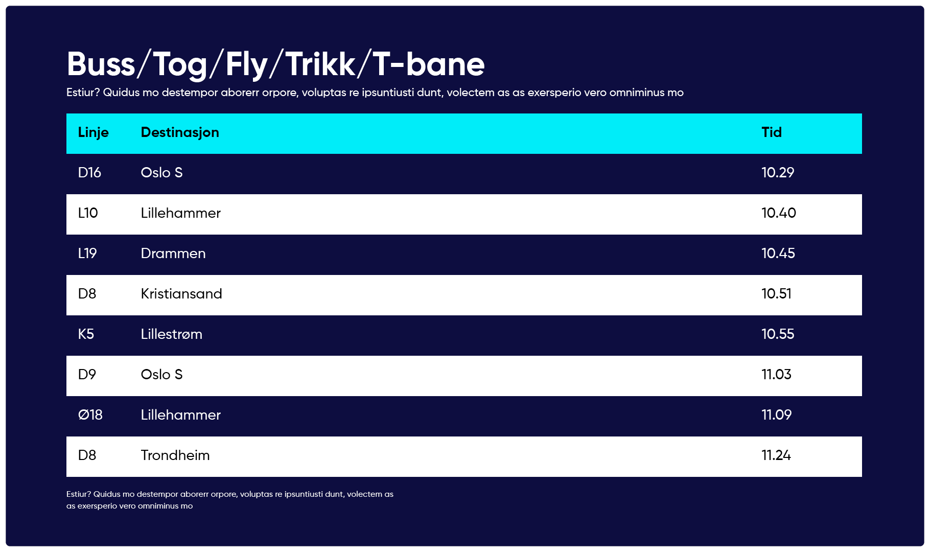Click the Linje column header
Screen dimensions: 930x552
coord(93,133)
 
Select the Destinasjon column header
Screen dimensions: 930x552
coord(180,132)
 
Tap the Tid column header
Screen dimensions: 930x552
coord(772,132)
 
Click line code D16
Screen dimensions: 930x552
coord(89,173)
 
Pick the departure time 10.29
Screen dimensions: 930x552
coord(778,173)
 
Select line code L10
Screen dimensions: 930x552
coord(88,213)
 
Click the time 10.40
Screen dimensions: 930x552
coord(779,213)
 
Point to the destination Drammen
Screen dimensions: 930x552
coord(173,254)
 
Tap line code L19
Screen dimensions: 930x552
coord(87,254)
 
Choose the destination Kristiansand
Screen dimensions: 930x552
coord(181,294)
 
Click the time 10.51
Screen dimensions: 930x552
coord(776,294)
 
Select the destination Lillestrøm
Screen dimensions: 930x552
coord(172,334)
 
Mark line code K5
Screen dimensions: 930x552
coord(86,334)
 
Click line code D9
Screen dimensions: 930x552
coord(87,375)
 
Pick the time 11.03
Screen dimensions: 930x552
coord(776,375)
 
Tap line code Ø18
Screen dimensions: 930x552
coord(90,415)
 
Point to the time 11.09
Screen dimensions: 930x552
coord(776,415)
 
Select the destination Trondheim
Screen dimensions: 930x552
coord(175,455)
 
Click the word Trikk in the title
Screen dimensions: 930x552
coord(320,64)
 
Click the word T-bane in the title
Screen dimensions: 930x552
coord(429,64)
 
